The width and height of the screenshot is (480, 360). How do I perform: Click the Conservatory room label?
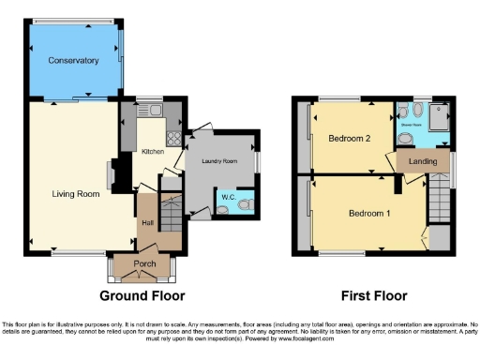[x=75, y=61]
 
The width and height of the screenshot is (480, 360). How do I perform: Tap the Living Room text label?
[x=75, y=195]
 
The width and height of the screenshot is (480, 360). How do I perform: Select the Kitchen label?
[x=153, y=150]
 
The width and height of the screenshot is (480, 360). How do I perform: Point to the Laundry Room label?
[x=221, y=161]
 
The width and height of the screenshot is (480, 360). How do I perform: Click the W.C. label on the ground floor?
[x=227, y=198]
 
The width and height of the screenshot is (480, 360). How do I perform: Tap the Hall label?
[x=147, y=222]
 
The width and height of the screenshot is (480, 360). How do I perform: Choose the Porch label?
[x=144, y=264]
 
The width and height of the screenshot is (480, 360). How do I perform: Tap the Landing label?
[x=423, y=161]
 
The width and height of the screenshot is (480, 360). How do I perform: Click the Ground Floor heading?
[x=142, y=296]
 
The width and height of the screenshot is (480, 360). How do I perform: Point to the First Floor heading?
[x=372, y=296]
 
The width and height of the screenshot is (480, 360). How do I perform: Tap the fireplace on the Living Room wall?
[x=112, y=174]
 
